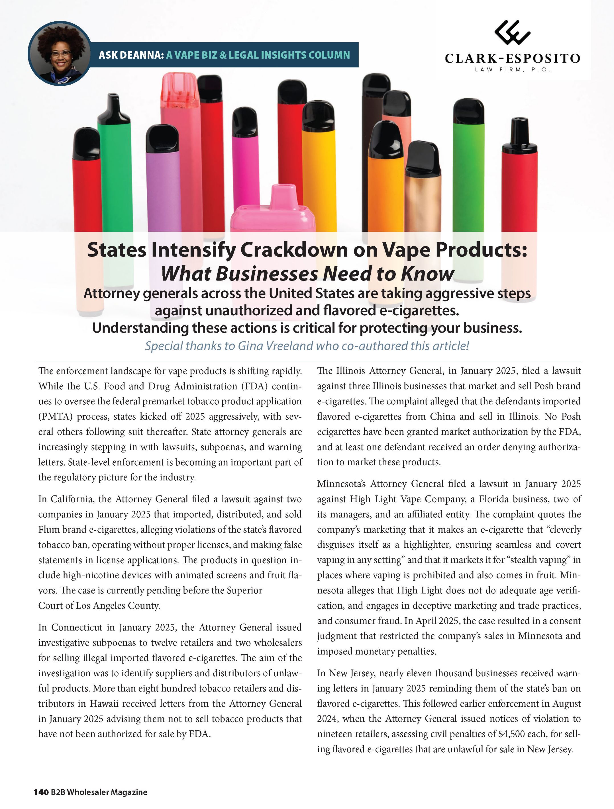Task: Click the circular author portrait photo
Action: pos(60,54)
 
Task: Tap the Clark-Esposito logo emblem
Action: pos(512,32)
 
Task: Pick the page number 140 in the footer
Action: pos(41,792)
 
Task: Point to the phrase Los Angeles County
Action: pos(118,606)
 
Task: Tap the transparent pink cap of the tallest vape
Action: pos(180,91)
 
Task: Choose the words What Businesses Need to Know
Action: pos(307,274)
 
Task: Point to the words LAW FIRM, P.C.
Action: pos(512,69)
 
